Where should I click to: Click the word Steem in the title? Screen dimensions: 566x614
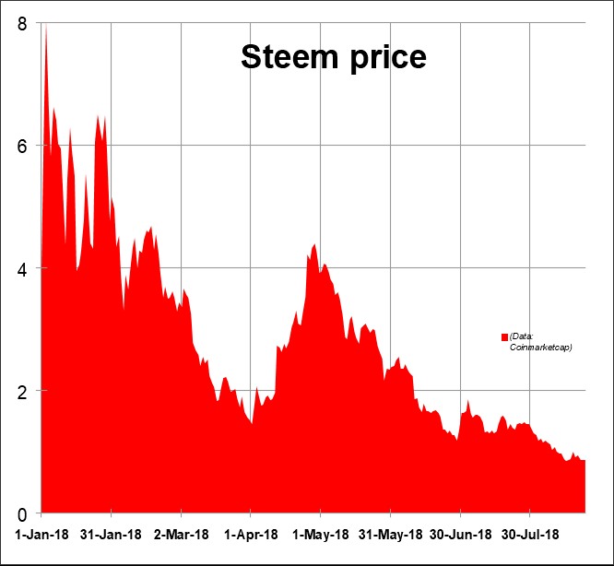[x=285, y=57]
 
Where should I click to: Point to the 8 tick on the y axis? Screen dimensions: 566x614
[x=21, y=23]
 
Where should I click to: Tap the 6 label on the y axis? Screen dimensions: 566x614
[x=21, y=146]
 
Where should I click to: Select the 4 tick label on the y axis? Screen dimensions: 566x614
[x=21, y=268]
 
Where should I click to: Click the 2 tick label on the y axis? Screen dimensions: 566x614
[x=21, y=391]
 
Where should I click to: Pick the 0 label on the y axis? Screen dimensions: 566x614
[x=21, y=513]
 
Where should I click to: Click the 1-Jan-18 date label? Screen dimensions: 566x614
[x=41, y=535]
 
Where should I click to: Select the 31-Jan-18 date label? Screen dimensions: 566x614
[x=112, y=535]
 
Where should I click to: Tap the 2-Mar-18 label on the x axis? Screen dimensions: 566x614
[x=182, y=535]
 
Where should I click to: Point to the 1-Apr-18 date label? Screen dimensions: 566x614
[x=251, y=535]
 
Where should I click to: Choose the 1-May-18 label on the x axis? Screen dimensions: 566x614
[x=321, y=535]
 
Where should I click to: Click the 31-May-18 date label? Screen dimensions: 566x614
[x=390, y=535]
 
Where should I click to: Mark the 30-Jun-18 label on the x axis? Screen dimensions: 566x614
[x=460, y=535]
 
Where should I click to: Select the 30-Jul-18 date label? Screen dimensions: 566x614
[x=530, y=535]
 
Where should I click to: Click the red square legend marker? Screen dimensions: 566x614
[x=504, y=337]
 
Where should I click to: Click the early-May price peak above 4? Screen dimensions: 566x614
[x=314, y=245]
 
